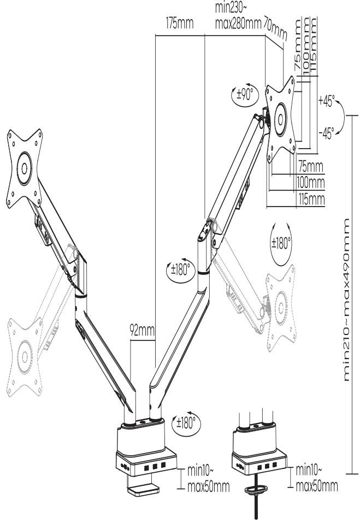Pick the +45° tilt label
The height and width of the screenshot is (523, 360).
(327, 102)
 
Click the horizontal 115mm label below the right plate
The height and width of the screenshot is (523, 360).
(311, 198)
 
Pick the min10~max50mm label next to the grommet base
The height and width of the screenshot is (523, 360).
(316, 478)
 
